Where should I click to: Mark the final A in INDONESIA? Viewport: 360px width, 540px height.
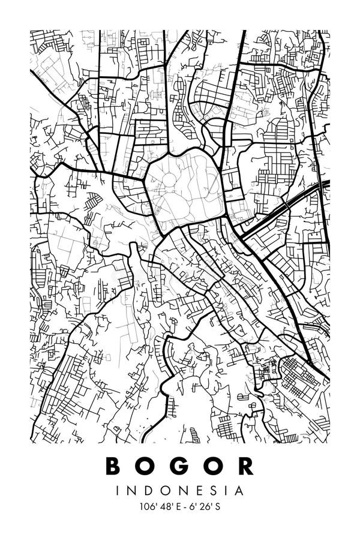[x=239, y=491]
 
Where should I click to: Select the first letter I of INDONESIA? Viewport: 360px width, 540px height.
[x=118, y=491]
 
